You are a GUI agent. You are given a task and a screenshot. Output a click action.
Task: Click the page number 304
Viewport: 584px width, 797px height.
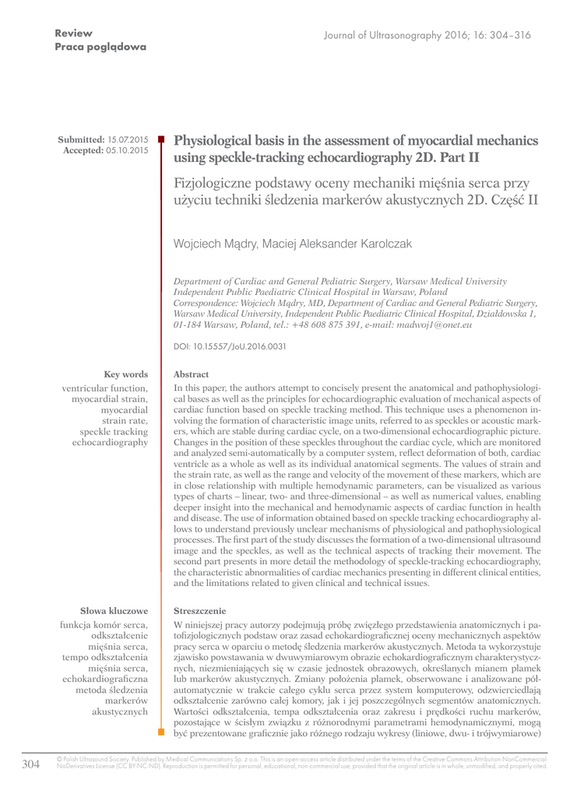coord(30,764)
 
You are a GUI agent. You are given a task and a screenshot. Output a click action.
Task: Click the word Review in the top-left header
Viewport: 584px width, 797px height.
coord(74,33)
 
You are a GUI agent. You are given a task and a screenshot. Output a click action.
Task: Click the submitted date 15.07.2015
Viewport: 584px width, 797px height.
coord(127,139)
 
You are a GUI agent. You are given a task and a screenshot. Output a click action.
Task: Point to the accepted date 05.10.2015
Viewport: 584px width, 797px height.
coord(127,149)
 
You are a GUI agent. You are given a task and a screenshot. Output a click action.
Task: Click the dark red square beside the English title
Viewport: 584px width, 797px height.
coord(162,139)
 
